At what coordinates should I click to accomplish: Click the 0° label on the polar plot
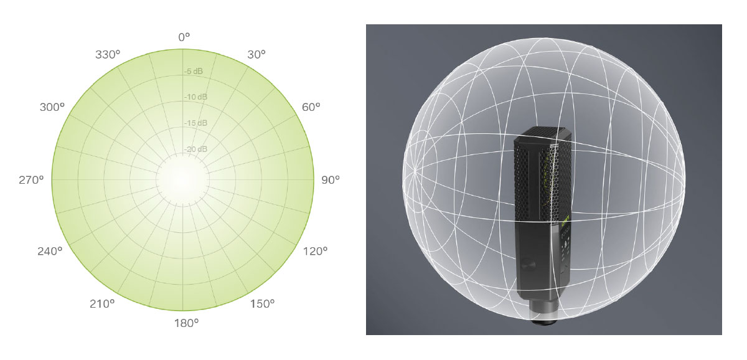tap(184, 37)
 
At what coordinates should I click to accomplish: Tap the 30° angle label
tap(256, 54)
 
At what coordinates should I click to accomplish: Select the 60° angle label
tap(311, 107)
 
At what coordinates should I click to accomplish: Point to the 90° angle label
tap(331, 180)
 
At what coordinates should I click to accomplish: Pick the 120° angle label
tap(315, 251)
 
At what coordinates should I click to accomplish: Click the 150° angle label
tap(263, 304)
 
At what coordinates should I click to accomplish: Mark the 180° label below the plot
tap(186, 323)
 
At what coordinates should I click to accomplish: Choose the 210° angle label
tap(102, 304)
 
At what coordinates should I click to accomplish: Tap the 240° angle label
tap(50, 251)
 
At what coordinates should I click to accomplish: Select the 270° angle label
tap(31, 180)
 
